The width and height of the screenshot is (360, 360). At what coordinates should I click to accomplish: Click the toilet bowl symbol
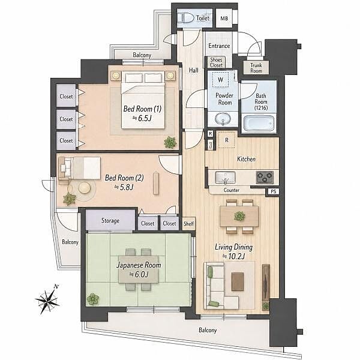coord(188,17)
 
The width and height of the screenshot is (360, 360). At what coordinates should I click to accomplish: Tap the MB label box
coord(224,18)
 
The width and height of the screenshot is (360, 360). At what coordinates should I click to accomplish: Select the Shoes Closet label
coord(216,62)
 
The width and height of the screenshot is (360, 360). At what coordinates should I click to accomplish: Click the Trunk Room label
coord(256,68)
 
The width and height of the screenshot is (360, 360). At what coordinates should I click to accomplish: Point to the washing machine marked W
coord(220,80)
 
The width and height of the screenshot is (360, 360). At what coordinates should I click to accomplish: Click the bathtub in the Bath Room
coord(259,123)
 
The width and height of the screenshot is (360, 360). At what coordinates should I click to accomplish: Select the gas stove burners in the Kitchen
coord(265,177)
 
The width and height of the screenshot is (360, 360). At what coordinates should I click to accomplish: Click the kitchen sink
coord(225,178)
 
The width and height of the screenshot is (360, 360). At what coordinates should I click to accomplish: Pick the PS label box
coord(273,191)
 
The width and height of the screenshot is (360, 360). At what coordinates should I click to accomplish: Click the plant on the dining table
coord(239,216)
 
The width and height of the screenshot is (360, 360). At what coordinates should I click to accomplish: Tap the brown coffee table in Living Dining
coord(238,281)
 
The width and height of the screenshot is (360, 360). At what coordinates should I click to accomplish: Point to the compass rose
coord(47,299)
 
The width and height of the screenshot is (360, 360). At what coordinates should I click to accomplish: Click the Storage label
coord(110,221)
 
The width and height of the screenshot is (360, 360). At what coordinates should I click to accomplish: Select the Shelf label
coord(188,223)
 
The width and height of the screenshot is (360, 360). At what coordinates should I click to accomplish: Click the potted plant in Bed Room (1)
coord(170,142)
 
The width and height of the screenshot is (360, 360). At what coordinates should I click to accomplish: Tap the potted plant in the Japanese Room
coord(93,299)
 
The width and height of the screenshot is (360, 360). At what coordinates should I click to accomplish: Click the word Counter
coord(232,190)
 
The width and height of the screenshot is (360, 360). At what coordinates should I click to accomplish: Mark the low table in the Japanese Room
coord(139,269)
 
